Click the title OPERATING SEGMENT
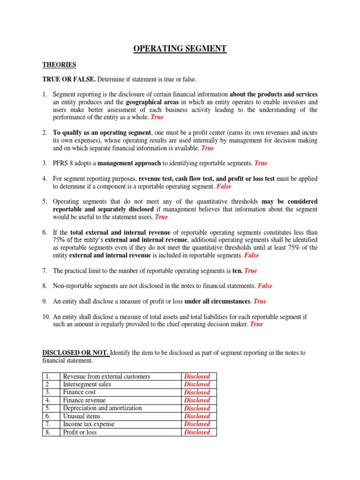click(x=180, y=48)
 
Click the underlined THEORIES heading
click(x=60, y=65)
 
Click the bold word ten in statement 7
click(x=237, y=271)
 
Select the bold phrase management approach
click(x=130, y=163)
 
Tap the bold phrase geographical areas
click(x=153, y=102)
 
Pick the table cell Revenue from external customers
click(x=106, y=376)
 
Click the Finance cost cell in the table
click(x=80, y=392)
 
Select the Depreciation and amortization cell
click(x=102, y=408)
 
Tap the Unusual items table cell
click(x=82, y=416)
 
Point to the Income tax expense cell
click(x=89, y=424)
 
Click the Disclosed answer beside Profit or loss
click(x=197, y=432)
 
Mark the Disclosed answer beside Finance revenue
click(x=197, y=400)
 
